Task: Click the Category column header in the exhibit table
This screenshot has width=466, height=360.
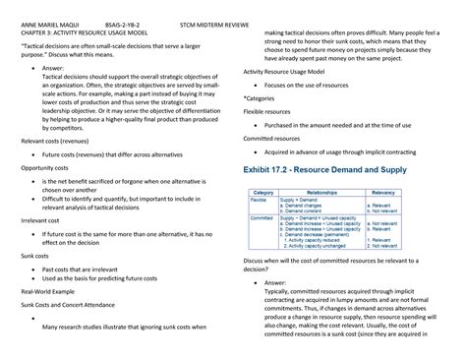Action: pyautogui.click(x=262, y=192)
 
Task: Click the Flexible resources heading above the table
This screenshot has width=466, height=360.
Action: pyautogui.click(x=271, y=112)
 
